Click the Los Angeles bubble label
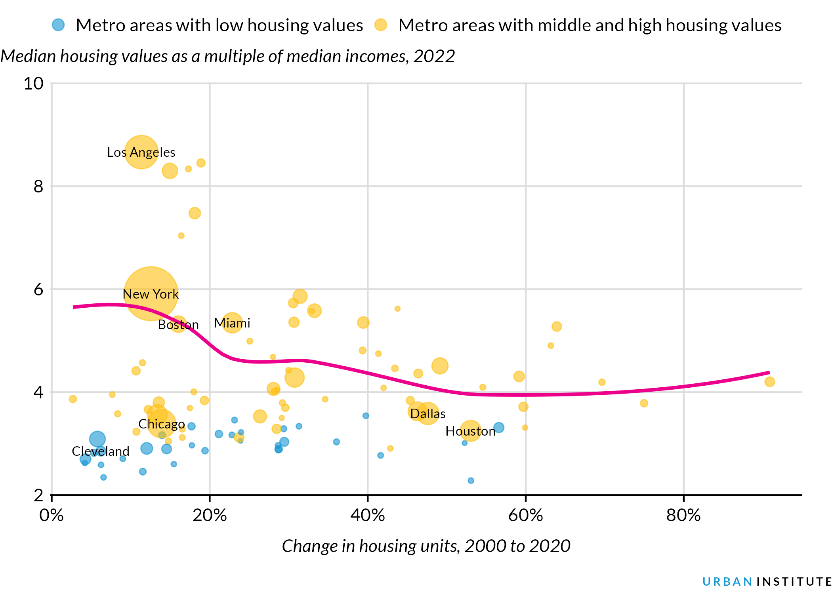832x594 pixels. [141, 152]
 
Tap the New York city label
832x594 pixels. [151, 294]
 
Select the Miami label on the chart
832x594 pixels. [232, 323]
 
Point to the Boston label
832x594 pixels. [178, 325]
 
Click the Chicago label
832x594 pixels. [162, 424]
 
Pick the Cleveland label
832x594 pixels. [101, 451]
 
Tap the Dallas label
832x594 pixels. [428, 414]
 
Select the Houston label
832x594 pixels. [470, 431]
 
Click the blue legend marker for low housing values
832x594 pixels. [58, 25]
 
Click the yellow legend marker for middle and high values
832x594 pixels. [381, 25]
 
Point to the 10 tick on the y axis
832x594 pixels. [34, 84]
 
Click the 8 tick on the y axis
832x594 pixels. [38, 186]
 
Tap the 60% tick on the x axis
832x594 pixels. [525, 515]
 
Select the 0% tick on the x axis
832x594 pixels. [52, 515]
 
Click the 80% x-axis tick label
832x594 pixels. [683, 515]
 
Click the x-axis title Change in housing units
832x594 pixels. [426, 546]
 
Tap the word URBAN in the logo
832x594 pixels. [727, 582]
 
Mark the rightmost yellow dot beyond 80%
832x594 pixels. [769, 382]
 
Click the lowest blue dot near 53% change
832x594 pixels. [471, 480]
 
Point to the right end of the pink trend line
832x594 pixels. [769, 372]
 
